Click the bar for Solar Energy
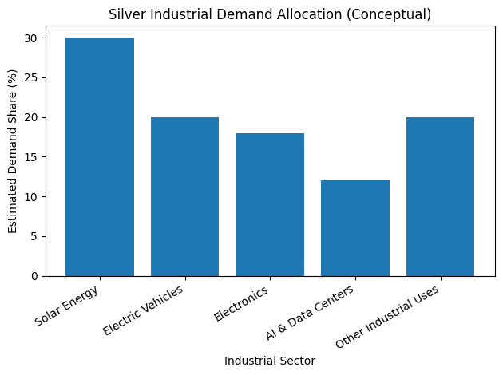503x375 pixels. (100, 157)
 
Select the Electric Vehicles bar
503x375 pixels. (184, 196)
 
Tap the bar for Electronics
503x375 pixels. (270, 204)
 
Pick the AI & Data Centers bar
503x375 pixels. (355, 228)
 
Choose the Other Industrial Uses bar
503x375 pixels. (440, 196)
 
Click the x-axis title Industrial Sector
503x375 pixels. (270, 361)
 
